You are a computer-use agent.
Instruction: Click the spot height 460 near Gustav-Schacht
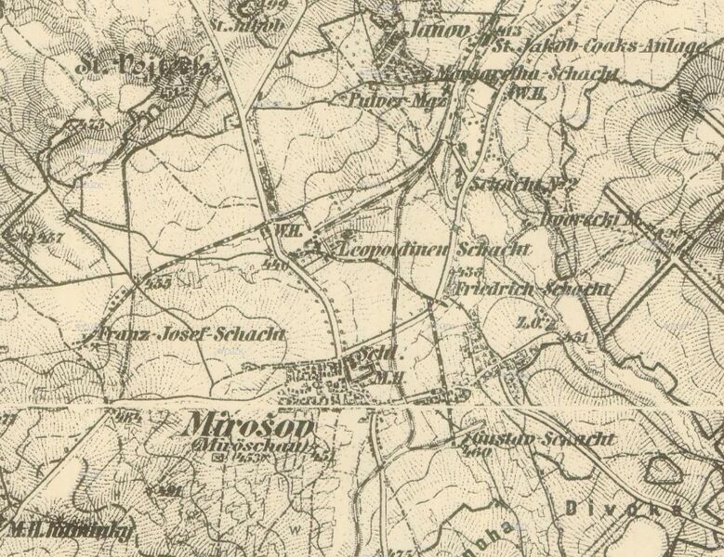tap(479, 451)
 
